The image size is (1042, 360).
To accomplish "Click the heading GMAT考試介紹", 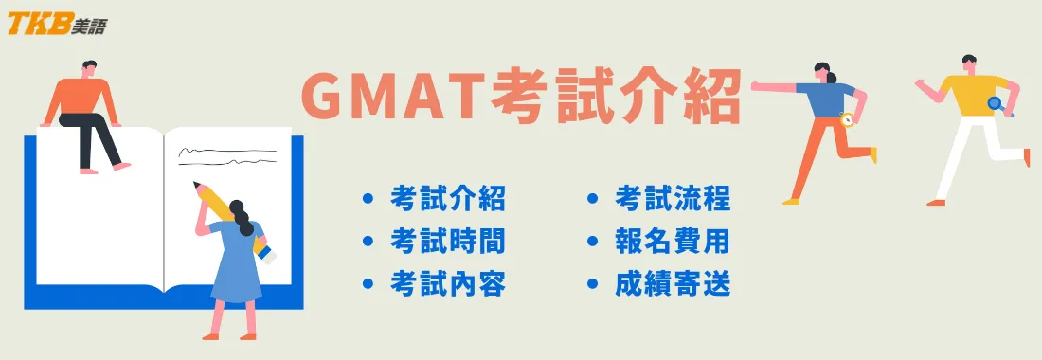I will [x=520, y=98].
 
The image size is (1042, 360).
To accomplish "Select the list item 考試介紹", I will [x=447, y=199].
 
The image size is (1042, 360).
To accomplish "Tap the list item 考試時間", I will [x=447, y=242].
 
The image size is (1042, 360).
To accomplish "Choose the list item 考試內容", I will [x=447, y=283].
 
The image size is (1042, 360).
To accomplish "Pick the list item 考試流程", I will [x=673, y=199].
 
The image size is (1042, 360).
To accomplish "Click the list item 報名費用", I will [x=673, y=242].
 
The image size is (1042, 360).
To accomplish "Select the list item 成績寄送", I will [x=673, y=283].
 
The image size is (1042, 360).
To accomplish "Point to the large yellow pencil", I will [x=221, y=207].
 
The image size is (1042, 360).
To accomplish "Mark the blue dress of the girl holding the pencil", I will [x=235, y=270].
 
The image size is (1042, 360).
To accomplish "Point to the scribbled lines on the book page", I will [x=227, y=153].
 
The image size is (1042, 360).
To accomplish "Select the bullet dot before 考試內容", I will [x=368, y=283].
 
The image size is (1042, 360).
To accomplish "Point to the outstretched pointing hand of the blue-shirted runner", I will [x=758, y=86].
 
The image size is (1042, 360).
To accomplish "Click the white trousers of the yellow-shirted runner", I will [x=966, y=152].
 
